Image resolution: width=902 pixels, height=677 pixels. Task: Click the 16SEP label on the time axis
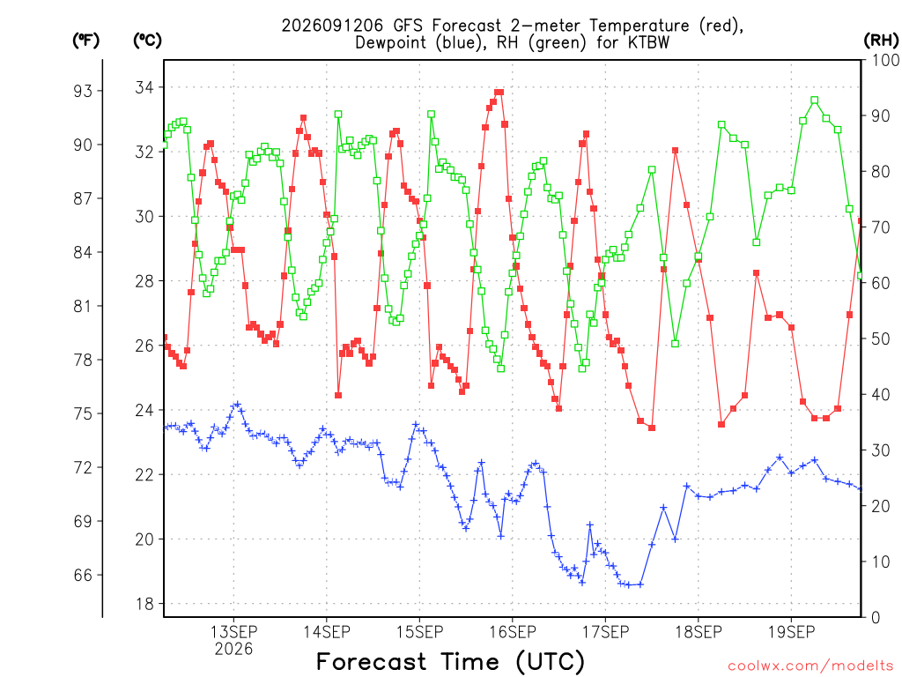[513, 631]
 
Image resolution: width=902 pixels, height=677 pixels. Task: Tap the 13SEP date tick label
[233, 631]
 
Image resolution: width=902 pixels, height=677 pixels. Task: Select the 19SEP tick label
[792, 631]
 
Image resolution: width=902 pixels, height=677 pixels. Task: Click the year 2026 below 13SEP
[233, 649]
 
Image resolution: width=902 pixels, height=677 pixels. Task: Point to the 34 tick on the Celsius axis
[145, 87]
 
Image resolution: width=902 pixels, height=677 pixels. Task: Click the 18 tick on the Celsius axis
[145, 604]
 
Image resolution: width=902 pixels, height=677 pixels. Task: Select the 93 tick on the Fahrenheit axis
[83, 91]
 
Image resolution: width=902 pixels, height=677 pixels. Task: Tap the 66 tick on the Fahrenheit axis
[83, 575]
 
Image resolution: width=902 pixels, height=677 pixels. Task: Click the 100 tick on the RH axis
[885, 60]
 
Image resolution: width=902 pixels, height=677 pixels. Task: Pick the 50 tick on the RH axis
[880, 338]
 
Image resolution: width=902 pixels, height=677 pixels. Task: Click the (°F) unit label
[85, 41]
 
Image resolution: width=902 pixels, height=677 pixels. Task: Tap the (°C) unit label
[147, 41]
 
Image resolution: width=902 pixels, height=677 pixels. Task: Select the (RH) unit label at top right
[881, 41]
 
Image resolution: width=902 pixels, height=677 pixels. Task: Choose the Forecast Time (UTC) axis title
[450, 661]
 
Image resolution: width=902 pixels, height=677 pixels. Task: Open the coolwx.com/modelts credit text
[810, 666]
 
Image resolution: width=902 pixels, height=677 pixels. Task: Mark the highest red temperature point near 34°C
[499, 92]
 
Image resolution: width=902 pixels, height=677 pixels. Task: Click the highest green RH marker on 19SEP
[815, 100]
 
